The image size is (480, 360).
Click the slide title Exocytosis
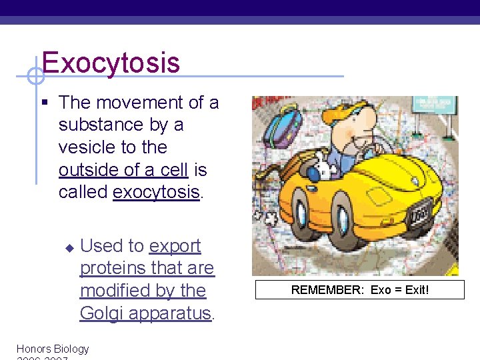111,63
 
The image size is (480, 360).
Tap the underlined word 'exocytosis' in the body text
157,192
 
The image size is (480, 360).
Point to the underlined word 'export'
175,246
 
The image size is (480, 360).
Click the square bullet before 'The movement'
45,103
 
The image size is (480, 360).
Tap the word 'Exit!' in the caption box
414,290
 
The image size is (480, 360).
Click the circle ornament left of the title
36,76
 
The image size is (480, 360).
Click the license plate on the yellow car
419,217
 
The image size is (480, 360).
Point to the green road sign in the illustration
434,105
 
